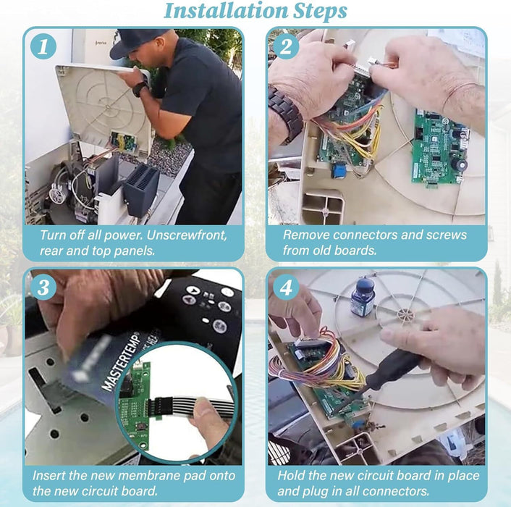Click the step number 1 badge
click(44, 47)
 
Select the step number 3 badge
click(44, 288)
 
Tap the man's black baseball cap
click(138, 41)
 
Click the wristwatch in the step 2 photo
click(284, 112)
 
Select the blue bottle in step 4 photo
click(361, 298)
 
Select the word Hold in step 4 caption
click(292, 475)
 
